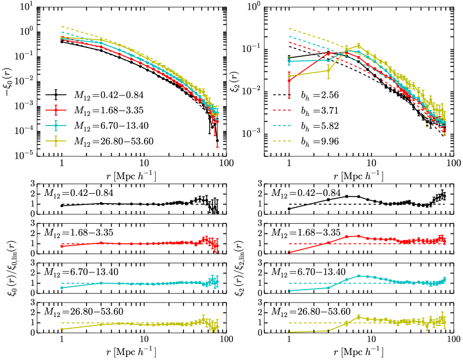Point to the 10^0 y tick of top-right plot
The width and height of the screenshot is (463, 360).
255,7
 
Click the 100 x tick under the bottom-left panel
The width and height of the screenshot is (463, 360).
225,340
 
